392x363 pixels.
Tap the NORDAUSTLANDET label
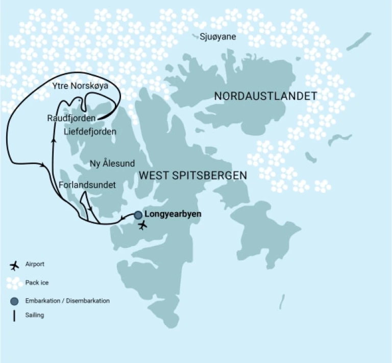pyautogui.click(x=265, y=96)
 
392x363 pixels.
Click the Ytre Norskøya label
pyautogui.click(x=81, y=86)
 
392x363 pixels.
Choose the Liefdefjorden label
pyautogui.click(x=90, y=131)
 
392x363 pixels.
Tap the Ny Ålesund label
pyautogui.click(x=112, y=164)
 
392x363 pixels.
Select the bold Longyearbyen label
pyautogui.click(x=173, y=215)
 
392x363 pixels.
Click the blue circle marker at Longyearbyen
pyautogui.click(x=138, y=215)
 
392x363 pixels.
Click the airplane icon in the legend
pyautogui.click(x=14, y=265)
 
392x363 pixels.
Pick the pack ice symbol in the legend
pyautogui.click(x=14, y=283)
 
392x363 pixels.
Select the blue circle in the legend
pyautogui.click(x=14, y=301)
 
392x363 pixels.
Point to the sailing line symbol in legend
pyautogui.click(x=14, y=315)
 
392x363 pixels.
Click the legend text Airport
pyautogui.click(x=35, y=265)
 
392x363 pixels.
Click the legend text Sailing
pyautogui.click(x=34, y=315)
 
